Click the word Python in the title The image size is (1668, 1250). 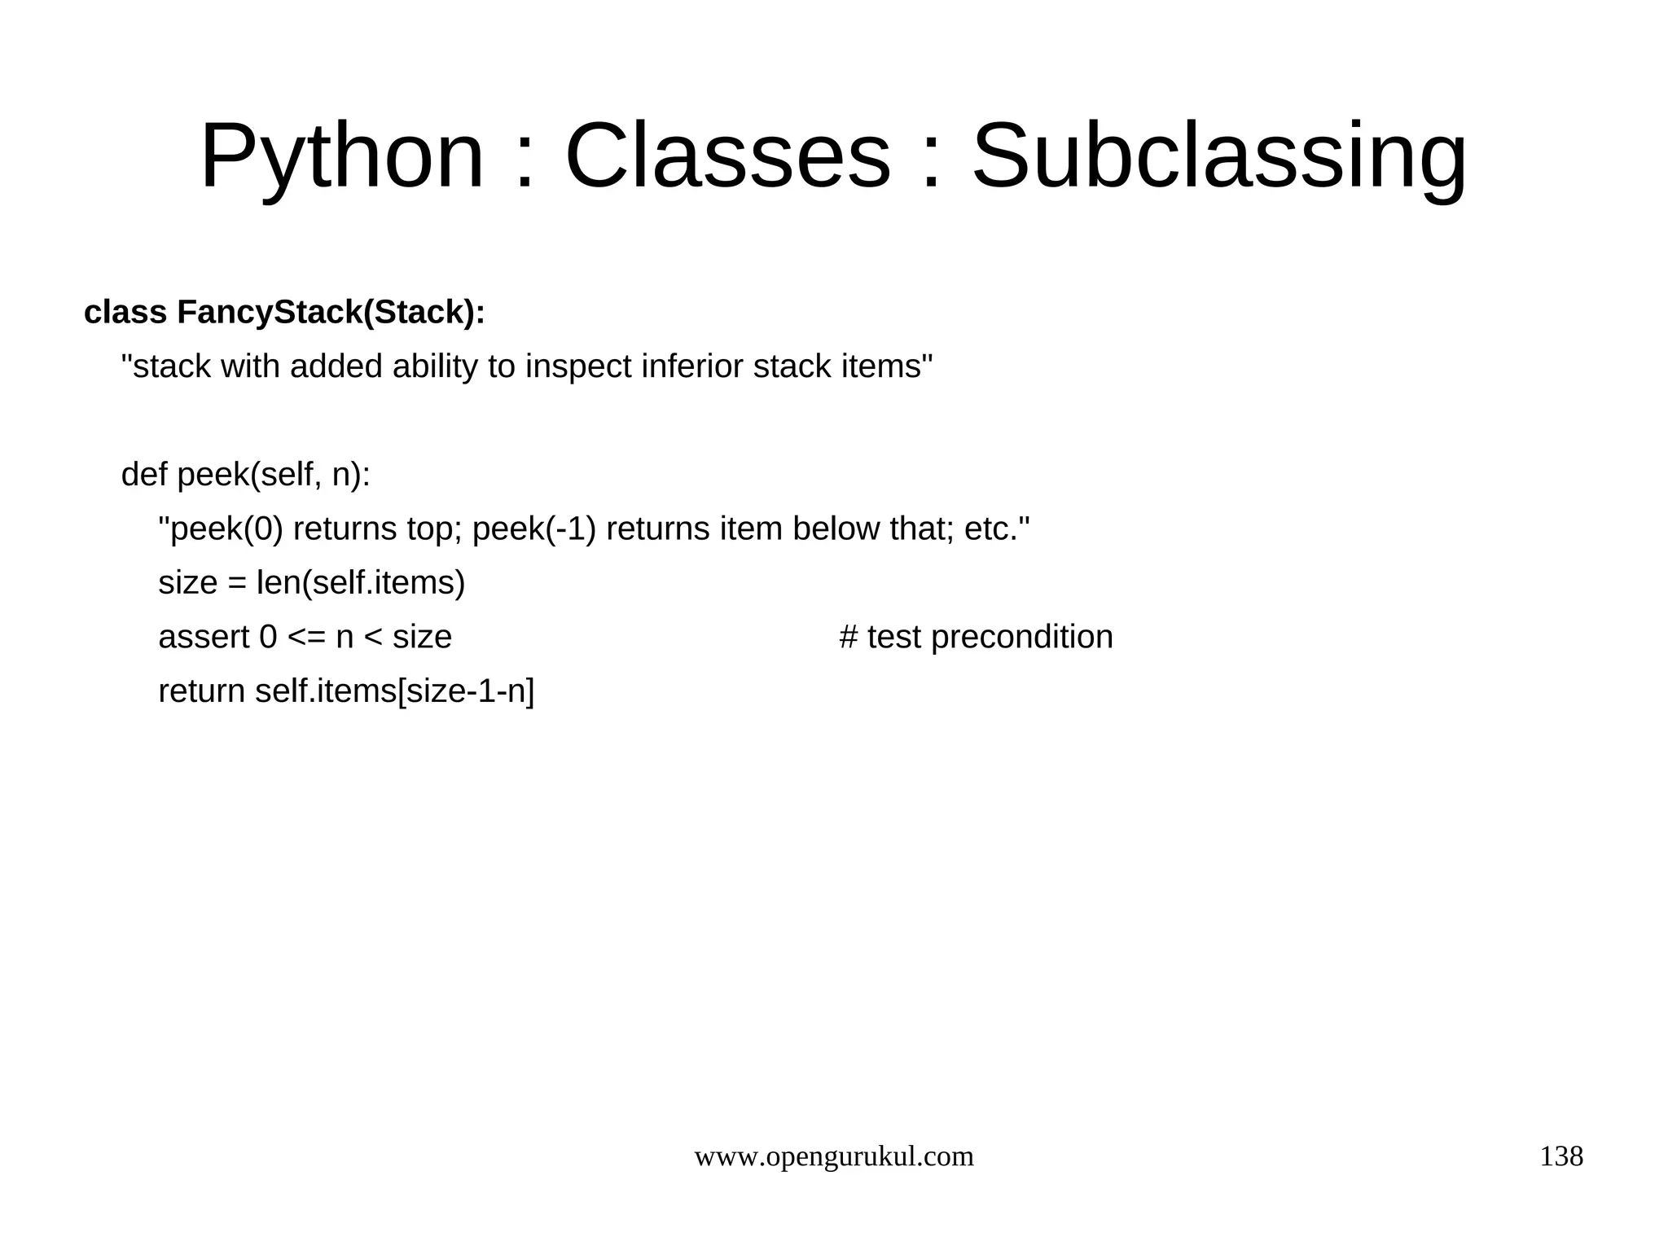[342, 156]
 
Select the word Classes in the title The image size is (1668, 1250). [727, 156]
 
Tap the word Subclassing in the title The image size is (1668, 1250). [1219, 156]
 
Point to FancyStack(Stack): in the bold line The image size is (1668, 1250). [331, 313]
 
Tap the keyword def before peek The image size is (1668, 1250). [143, 475]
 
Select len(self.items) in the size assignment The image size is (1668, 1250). [361, 583]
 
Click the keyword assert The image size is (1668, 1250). [204, 638]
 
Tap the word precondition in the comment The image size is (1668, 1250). [1021, 638]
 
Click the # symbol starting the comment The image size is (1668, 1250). [848, 638]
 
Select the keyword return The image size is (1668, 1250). [201, 691]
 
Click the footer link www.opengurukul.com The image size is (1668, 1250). [834, 1156]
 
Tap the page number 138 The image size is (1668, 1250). [1560, 1156]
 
